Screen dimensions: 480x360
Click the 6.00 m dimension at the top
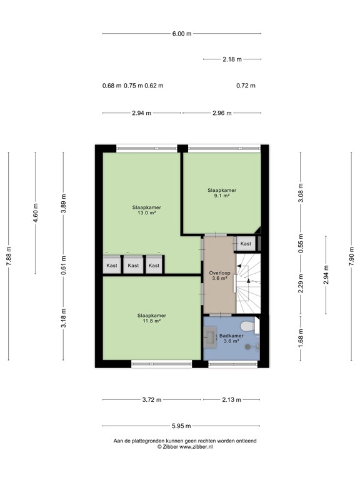(181, 34)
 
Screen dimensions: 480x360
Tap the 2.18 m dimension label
(232, 59)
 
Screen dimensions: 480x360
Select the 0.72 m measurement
(246, 86)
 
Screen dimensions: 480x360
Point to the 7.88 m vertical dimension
(9, 256)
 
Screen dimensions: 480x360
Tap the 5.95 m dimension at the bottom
(181, 426)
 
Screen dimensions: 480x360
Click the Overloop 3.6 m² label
(219, 276)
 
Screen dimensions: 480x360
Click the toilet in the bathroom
(249, 326)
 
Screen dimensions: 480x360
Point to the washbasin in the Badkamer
(209, 338)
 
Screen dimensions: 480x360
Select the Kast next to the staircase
(246, 244)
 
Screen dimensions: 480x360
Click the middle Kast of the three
(133, 266)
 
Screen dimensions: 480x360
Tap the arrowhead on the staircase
(249, 282)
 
